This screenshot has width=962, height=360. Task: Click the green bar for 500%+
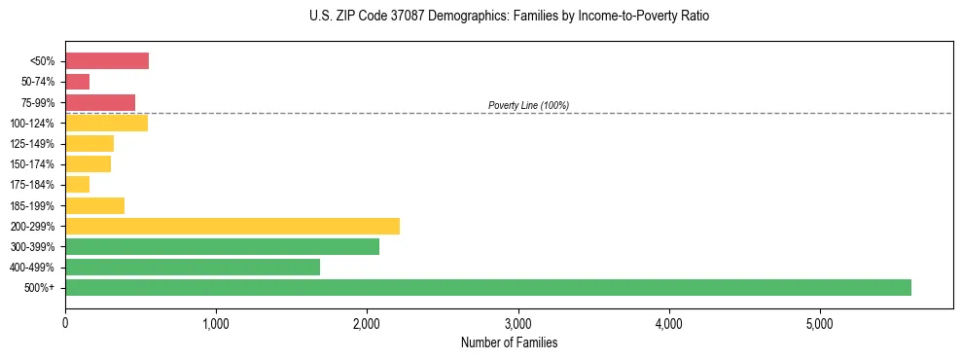point(487,287)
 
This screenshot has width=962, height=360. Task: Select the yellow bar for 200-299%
point(232,226)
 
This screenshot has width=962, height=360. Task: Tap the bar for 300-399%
point(222,246)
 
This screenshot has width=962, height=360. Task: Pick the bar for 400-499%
point(193,267)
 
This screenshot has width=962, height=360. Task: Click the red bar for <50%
point(107,61)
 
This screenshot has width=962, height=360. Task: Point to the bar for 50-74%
point(78,82)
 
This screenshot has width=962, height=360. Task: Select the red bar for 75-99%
point(100,102)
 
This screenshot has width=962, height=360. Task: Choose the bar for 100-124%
point(106,123)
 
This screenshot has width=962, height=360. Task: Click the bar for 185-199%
point(94,205)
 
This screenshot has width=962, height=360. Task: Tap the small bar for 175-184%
point(78,185)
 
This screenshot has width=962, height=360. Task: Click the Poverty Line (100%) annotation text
point(528,105)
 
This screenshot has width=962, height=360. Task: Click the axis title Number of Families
point(509,342)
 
